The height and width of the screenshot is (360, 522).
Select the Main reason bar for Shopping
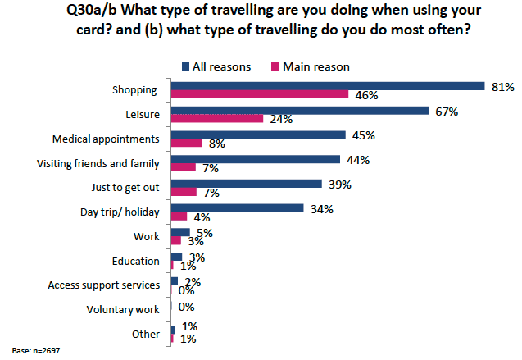coord(259,95)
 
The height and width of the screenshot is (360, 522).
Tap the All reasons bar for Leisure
coord(299,110)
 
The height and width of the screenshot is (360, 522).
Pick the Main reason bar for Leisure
coord(216,119)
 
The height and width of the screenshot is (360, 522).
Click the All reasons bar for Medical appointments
coord(257,134)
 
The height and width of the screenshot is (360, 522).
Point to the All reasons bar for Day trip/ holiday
coord(237,207)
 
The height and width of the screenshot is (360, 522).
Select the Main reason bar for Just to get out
coord(184,192)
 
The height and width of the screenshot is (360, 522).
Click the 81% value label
coord(501,86)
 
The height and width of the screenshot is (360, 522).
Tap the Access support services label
coord(103,285)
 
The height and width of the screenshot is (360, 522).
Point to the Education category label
coord(137,262)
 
